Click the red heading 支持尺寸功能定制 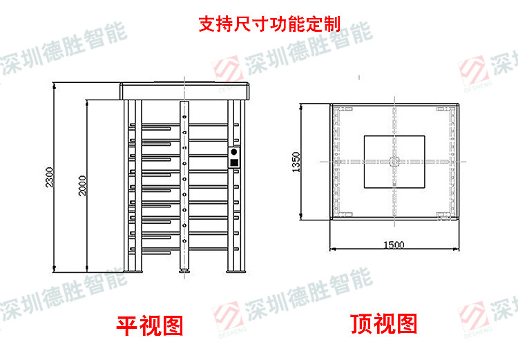click(269, 26)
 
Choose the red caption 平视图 click(149, 323)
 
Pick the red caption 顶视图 click(384, 323)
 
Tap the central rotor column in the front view click(184, 183)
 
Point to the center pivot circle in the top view click(394, 162)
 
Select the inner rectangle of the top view click(394, 162)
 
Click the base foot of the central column click(184, 271)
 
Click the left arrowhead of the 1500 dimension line click(332, 249)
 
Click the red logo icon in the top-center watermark click(228, 68)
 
